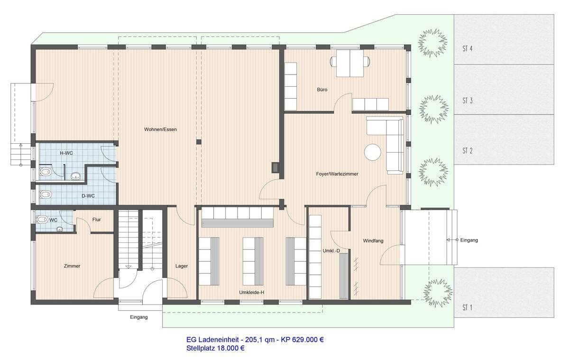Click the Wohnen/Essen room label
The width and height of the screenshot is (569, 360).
click(x=161, y=129)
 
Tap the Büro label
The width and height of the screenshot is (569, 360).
click(x=322, y=89)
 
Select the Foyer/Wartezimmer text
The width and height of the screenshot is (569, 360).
click(x=337, y=174)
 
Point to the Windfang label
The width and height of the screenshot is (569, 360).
click(x=373, y=241)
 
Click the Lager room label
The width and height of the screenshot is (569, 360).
click(x=181, y=266)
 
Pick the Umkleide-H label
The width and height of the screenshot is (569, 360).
click(x=251, y=293)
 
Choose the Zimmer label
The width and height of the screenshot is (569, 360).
click(x=72, y=266)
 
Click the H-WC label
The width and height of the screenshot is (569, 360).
click(x=66, y=153)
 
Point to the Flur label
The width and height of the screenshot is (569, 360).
click(x=96, y=220)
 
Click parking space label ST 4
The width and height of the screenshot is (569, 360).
click(x=467, y=48)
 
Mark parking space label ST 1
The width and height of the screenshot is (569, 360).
click(x=467, y=308)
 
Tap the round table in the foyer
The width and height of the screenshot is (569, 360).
click(x=373, y=152)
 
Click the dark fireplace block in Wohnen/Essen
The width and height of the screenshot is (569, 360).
click(x=275, y=167)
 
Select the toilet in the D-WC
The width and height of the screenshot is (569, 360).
click(x=46, y=194)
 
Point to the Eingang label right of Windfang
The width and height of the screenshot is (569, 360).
click(x=469, y=240)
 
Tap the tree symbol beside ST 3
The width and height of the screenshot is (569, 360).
click(x=433, y=110)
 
